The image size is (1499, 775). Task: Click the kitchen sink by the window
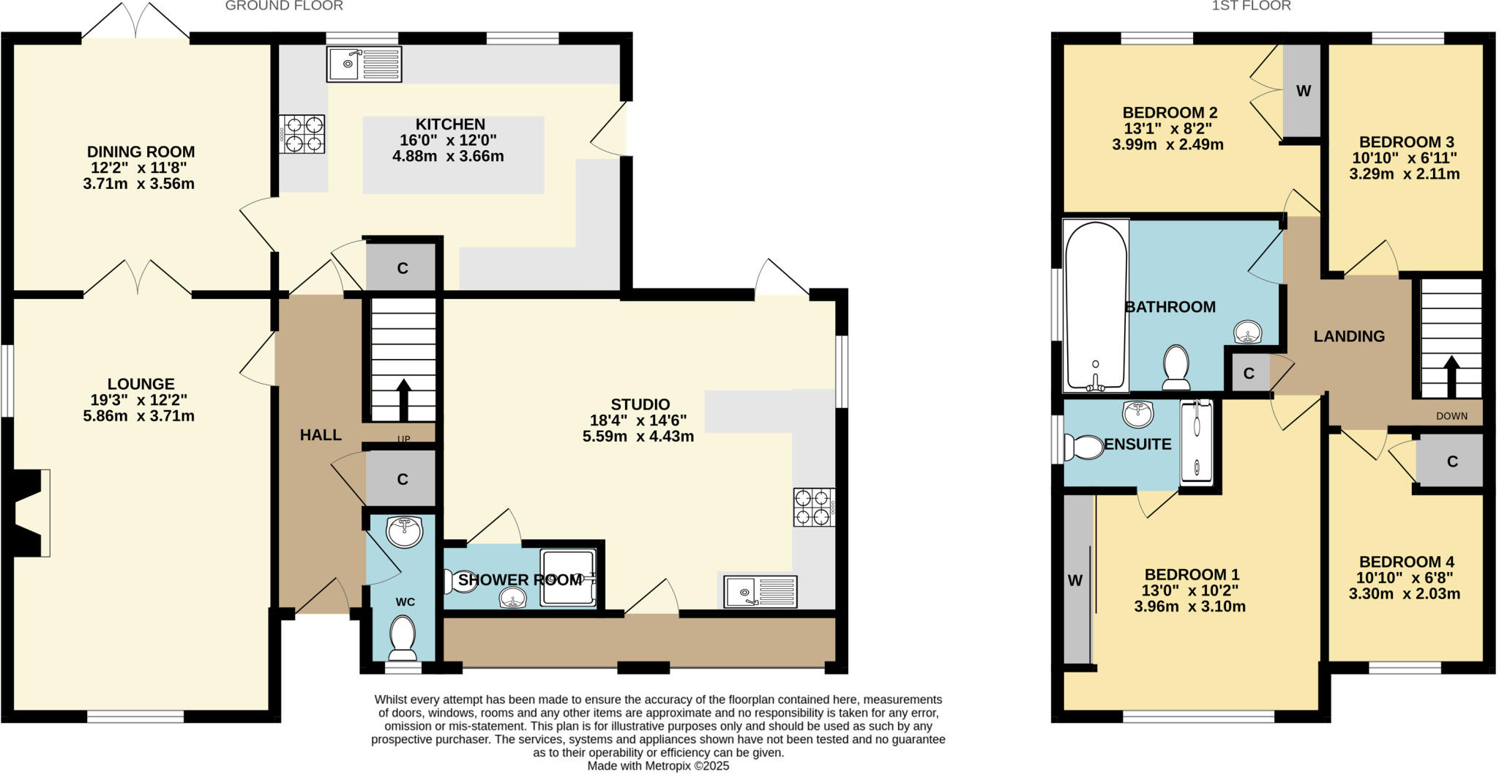coord(364,64)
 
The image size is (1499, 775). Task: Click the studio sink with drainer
coord(760,592)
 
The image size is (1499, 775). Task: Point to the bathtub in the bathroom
coord(1096,306)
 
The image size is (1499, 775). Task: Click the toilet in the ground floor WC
coord(403,636)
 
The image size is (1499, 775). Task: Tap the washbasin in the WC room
coord(404,531)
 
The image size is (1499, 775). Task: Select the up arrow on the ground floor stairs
coord(403,397)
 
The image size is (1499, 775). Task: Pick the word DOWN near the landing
coord(1451,416)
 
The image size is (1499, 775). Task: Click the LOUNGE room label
coord(141,384)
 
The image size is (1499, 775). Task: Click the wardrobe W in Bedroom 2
coord(1303,92)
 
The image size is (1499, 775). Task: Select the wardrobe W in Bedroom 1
coord(1075,581)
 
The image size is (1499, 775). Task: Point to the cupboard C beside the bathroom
coord(1249,374)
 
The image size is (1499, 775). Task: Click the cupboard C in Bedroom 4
coord(1452,461)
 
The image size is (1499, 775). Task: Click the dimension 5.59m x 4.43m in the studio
coord(638,437)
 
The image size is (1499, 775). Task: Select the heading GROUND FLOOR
coord(284,6)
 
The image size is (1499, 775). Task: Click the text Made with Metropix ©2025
coord(658,766)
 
